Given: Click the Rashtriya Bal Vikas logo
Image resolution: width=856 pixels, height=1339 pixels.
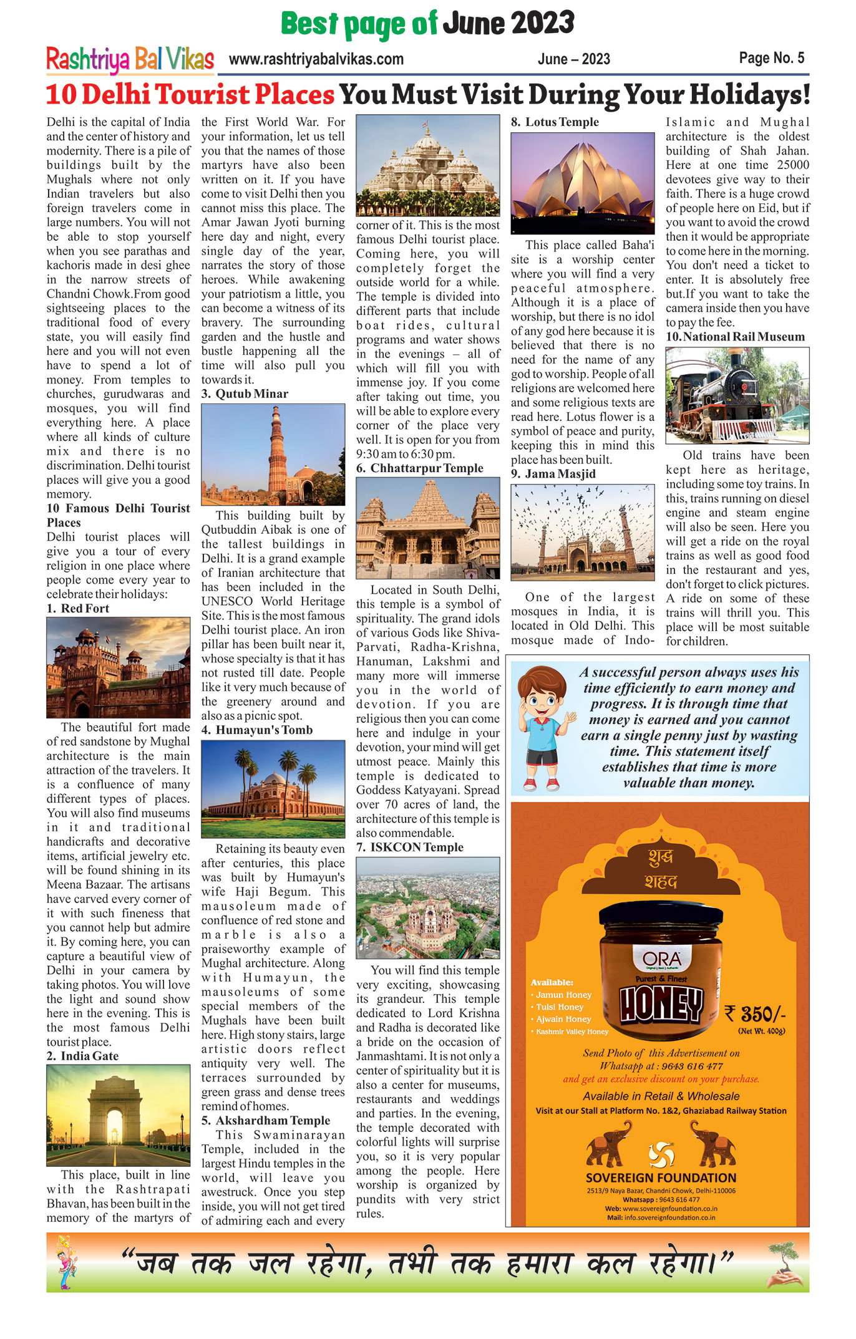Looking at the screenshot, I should click(130, 60).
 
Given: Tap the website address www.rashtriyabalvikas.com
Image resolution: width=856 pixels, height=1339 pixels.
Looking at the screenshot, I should click(316, 60).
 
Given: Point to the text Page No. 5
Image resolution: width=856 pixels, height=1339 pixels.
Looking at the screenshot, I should click(771, 59).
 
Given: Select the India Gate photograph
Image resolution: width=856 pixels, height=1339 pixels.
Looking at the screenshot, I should click(118, 1115).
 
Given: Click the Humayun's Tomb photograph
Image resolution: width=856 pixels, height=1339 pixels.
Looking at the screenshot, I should click(273, 789).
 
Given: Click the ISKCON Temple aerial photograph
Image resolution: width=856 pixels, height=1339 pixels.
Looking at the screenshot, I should click(427, 908).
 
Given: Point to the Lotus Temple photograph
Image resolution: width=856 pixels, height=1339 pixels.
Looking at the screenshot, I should click(582, 183).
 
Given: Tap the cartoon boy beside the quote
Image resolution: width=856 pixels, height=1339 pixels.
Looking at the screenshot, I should click(543, 728).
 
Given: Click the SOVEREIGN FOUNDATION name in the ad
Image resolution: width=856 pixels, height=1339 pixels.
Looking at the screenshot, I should click(661, 1178).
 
